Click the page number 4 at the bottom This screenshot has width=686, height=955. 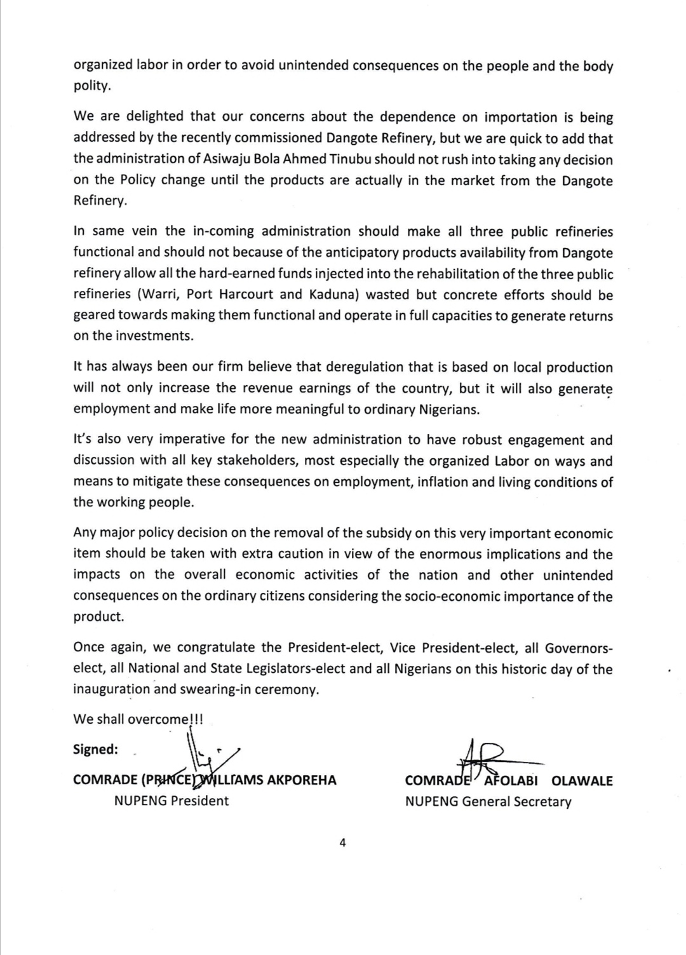[342, 843]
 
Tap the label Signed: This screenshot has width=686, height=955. [95, 749]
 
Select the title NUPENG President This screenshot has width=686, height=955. [171, 801]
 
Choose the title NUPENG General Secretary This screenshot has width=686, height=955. [488, 801]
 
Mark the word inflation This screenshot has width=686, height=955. [441, 482]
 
